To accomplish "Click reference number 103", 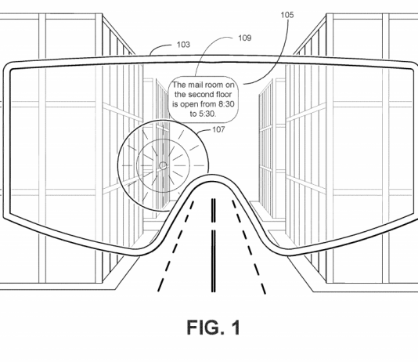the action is [x=183, y=45].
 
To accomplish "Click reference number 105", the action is [x=287, y=15].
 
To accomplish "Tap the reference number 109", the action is [x=245, y=38].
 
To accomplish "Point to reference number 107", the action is [x=218, y=129].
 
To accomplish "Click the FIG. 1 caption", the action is [x=213, y=328].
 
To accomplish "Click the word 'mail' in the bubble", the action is [x=196, y=85].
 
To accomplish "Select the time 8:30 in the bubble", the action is [x=226, y=103].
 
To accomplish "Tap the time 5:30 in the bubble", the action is [x=207, y=114].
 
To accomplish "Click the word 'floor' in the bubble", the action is [x=222, y=95].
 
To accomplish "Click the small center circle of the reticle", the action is [x=163, y=165].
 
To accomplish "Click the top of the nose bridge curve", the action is [x=212, y=176].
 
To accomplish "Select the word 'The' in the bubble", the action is [x=179, y=85].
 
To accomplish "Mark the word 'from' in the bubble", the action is [x=208, y=103].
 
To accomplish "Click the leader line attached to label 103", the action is [x=159, y=47].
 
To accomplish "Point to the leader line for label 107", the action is [x=204, y=130].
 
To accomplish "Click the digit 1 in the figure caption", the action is [x=236, y=328].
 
